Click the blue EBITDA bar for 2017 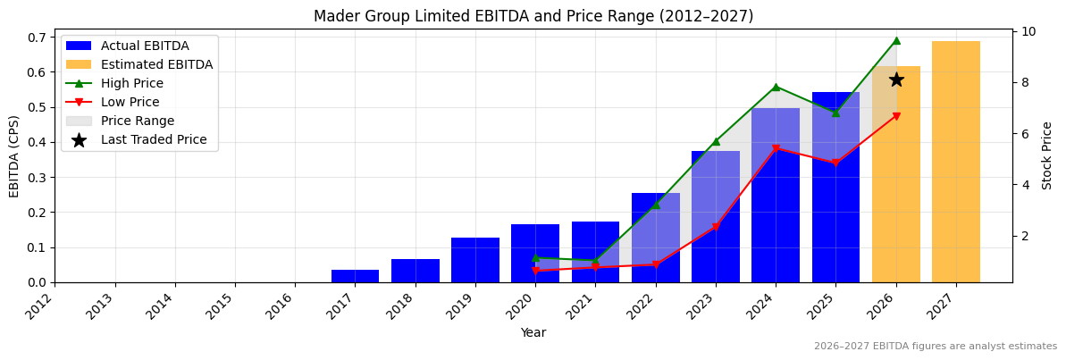(x=355, y=276)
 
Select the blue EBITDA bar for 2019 (x=475, y=260)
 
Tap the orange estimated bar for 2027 (x=956, y=162)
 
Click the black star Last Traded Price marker (x=896, y=80)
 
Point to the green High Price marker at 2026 (x=896, y=40)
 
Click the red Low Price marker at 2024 (x=776, y=148)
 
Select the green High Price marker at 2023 (x=716, y=141)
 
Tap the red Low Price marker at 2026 (x=896, y=116)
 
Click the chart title (x=533, y=16)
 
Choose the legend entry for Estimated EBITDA (x=156, y=64)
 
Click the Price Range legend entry (x=138, y=121)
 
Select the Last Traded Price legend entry (x=154, y=139)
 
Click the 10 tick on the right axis (x=1028, y=31)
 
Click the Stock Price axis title (x=1047, y=155)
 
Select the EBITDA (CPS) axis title (x=14, y=155)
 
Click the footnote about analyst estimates (x=935, y=347)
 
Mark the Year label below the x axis (x=533, y=332)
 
